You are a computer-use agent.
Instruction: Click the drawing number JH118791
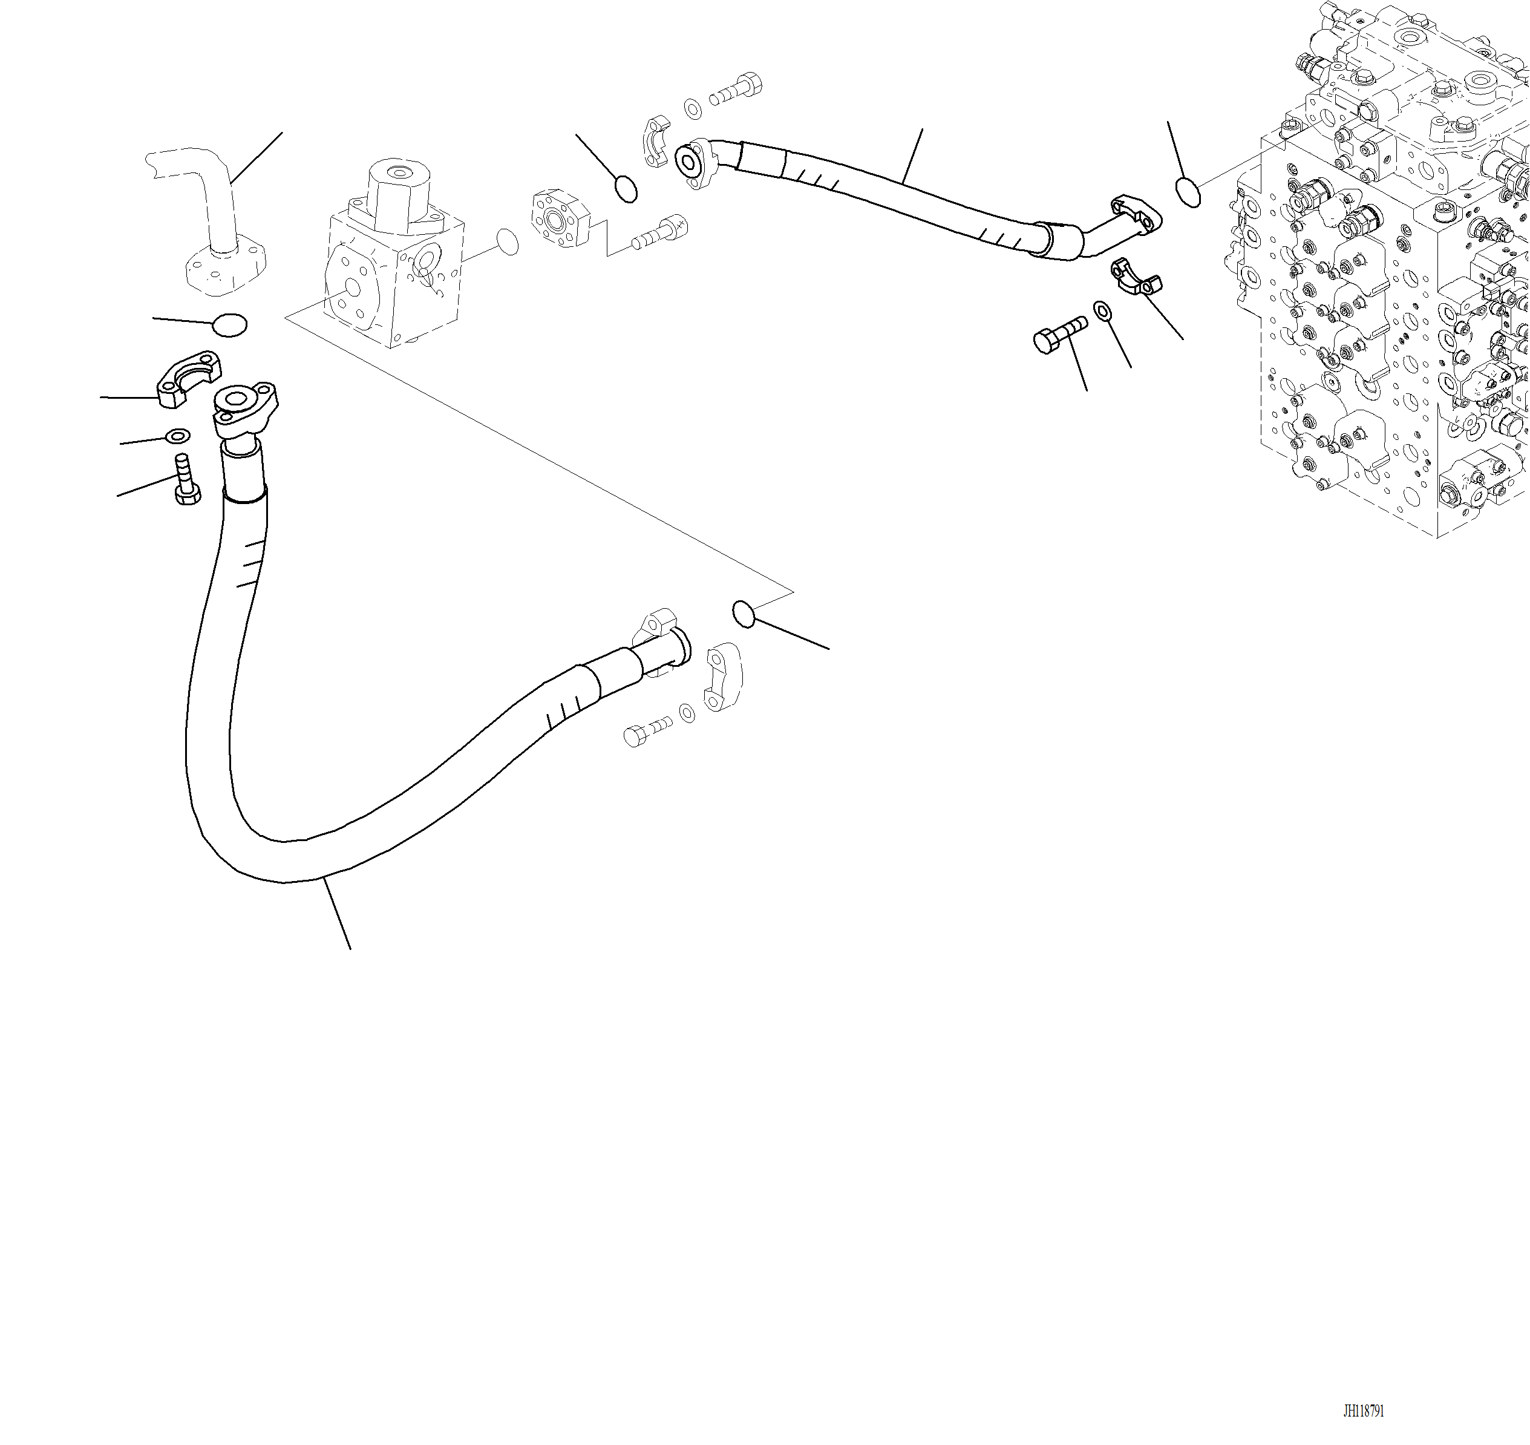[1363, 1411]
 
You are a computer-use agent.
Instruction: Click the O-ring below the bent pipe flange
[229, 325]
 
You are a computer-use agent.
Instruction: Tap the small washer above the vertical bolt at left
[178, 437]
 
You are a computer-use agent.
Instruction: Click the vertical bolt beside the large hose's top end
[186, 480]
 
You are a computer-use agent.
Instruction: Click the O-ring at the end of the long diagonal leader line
[743, 614]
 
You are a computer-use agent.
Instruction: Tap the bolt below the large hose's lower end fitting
[646, 732]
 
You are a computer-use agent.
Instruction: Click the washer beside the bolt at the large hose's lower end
[686, 713]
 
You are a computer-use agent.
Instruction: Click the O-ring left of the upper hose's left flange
[627, 189]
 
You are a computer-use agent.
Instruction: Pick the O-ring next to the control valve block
[1188, 192]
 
